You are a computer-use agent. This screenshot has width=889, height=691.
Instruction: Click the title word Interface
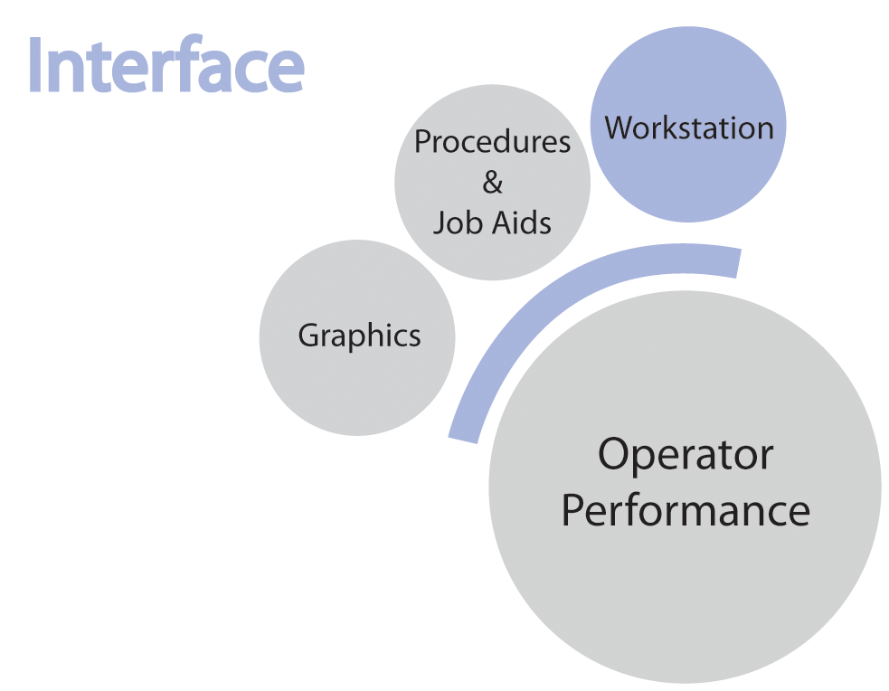166,66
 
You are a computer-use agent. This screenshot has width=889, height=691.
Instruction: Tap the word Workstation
689,128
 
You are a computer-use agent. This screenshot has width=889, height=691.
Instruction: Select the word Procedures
492,142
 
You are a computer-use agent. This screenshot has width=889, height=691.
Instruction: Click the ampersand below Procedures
492,183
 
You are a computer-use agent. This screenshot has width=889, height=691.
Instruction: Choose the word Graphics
359,336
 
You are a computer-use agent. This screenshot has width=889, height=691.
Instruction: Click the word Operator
686,454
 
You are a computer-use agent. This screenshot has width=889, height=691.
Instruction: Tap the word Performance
686,510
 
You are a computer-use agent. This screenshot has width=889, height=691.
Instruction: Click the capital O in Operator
617,454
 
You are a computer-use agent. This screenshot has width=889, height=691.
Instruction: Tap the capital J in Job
439,222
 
